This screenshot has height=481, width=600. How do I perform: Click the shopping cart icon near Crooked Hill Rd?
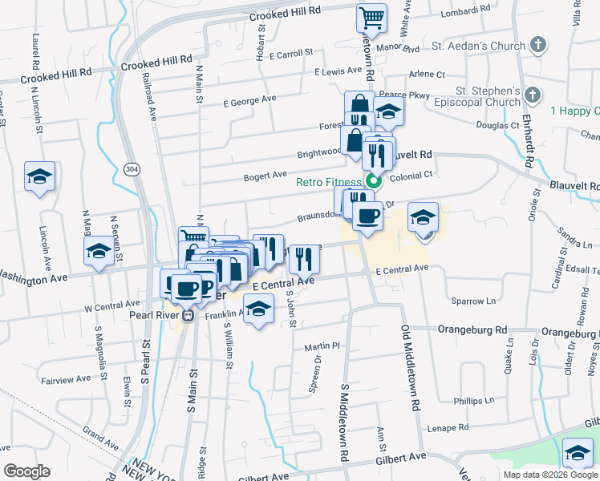(371, 17)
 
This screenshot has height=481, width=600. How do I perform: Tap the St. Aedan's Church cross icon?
(537, 45)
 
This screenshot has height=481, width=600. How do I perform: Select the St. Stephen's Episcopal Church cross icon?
(530, 96)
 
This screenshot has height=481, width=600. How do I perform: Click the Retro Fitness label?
(329, 182)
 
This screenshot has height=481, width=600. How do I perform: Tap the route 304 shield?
(132, 168)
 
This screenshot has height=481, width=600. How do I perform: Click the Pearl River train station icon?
(188, 315)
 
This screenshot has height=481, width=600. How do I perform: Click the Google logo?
(26, 471)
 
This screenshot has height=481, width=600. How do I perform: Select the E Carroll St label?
(290, 54)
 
